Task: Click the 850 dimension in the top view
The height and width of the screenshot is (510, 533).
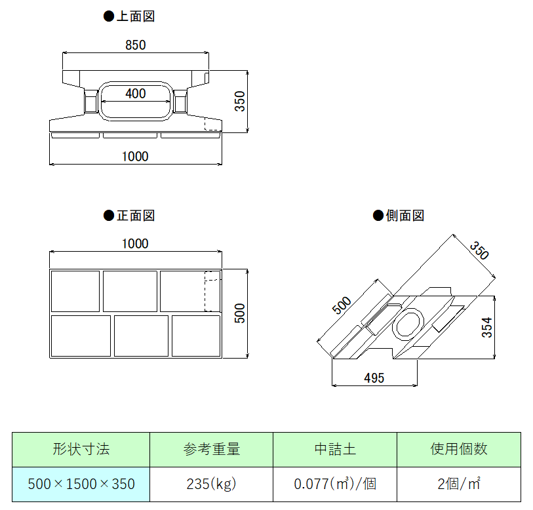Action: coord(135,45)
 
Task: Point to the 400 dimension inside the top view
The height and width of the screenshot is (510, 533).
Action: coord(135,94)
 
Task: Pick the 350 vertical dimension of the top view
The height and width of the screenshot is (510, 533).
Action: coord(240,100)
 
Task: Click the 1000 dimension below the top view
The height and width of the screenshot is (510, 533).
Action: coord(135,156)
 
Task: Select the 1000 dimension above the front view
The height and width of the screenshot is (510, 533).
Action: coord(135,243)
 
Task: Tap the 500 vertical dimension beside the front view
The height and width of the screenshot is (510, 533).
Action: coord(240,313)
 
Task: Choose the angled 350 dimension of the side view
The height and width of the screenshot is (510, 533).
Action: coord(479,251)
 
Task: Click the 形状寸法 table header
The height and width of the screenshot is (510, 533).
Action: coord(81,449)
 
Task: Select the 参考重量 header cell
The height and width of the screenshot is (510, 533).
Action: coord(211,449)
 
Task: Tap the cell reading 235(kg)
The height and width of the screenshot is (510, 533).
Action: coord(211,484)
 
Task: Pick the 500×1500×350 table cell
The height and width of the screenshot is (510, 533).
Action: coord(81,484)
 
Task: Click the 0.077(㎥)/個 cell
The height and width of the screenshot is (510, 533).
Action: coord(334,484)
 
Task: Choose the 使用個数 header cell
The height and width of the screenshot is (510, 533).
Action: coord(459,449)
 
